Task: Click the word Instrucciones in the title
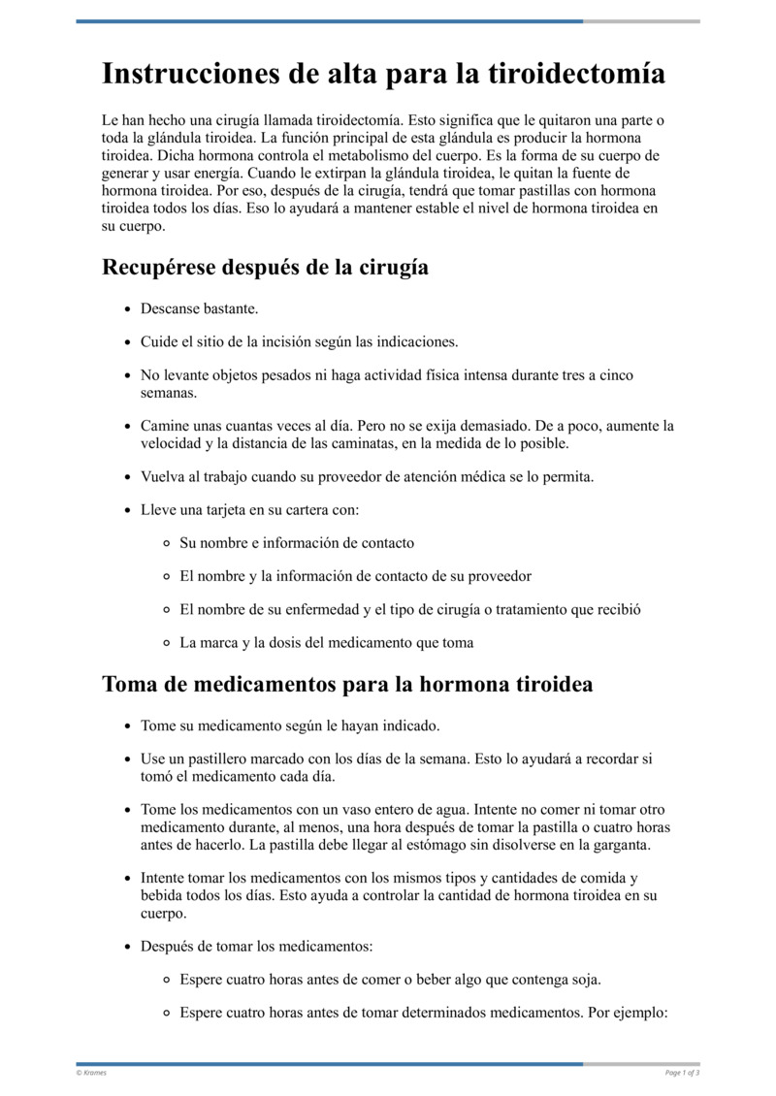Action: (181, 75)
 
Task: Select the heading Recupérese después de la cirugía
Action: (265, 267)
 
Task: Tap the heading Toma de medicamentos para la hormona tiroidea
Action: (347, 684)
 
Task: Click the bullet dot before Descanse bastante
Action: (128, 309)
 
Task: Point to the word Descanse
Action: (170, 308)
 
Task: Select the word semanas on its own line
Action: (169, 393)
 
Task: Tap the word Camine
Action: (165, 426)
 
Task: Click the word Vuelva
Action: (163, 476)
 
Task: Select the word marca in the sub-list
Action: (225, 643)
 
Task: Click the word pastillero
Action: (219, 759)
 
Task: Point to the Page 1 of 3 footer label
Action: (682, 1073)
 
